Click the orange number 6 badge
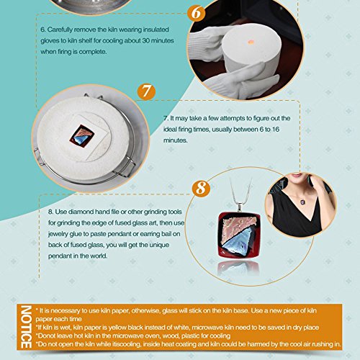tap(197, 12)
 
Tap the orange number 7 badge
tap(146, 91)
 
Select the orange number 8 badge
tap(201, 188)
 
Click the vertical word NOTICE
tap(26, 327)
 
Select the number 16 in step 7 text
tap(276, 130)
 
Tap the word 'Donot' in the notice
tap(46, 336)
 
